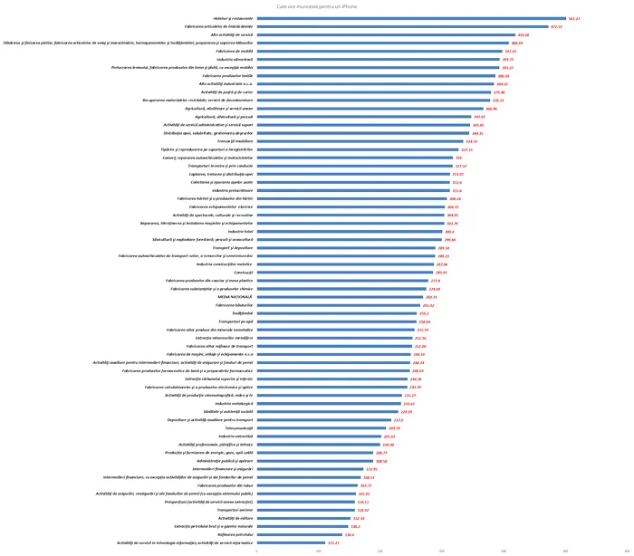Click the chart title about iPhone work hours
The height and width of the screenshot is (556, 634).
coord(317,6)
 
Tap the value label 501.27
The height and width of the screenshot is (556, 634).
coord(573,18)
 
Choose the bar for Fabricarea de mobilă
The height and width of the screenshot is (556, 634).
coord(379,51)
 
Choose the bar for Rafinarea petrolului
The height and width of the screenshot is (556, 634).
coord(300,534)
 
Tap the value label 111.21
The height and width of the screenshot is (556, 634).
coord(333,542)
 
